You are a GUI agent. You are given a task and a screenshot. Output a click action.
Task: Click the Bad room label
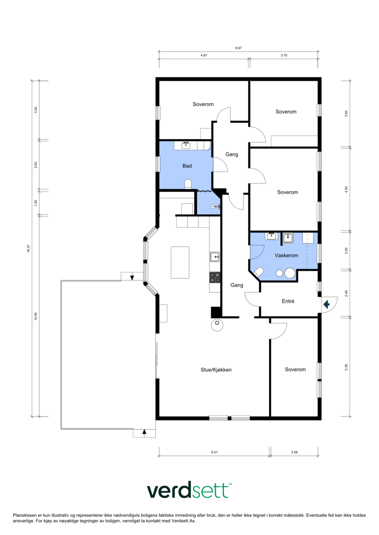pyautogui.click(x=187, y=166)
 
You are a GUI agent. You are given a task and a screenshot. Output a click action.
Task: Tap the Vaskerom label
pyautogui.click(x=287, y=255)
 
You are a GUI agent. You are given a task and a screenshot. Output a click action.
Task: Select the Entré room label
pyautogui.click(x=288, y=301)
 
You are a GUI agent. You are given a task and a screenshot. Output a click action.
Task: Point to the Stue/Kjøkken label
pyautogui.click(x=216, y=369)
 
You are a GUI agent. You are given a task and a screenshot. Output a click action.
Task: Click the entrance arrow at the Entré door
pyautogui.click(x=327, y=304)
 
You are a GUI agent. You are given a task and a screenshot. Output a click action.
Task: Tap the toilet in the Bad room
pyautogui.click(x=188, y=184)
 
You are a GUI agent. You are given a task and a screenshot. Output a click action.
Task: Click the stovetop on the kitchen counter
pyautogui.click(x=215, y=277)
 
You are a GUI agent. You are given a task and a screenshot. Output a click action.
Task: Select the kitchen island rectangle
pyautogui.click(x=180, y=263)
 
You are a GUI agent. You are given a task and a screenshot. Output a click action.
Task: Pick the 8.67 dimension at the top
pyautogui.click(x=238, y=48)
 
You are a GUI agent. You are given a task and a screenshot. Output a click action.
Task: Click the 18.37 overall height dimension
pyautogui.click(x=28, y=249)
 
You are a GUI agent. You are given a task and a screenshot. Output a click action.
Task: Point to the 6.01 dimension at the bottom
pyautogui.click(x=214, y=452)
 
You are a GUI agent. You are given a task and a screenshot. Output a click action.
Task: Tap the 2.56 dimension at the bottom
pyautogui.click(x=294, y=452)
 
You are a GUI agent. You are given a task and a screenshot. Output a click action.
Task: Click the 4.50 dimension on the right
pyautogui.click(x=346, y=189)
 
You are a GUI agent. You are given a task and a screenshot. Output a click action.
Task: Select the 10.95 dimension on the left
pyautogui.click(x=36, y=316)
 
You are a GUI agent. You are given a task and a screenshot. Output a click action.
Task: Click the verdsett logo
pyautogui.click(x=189, y=491)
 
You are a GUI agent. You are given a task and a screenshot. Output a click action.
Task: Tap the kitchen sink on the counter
pyautogui.click(x=215, y=256)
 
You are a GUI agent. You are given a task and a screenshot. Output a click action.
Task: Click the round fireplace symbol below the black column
pyautogui.click(x=217, y=325)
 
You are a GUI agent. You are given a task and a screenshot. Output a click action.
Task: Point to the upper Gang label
pyautogui.click(x=232, y=154)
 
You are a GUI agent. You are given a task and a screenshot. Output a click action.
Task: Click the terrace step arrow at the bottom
pyautogui.click(x=144, y=432)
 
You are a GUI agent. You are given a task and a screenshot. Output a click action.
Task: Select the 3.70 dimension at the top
pyautogui.click(x=284, y=55)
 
